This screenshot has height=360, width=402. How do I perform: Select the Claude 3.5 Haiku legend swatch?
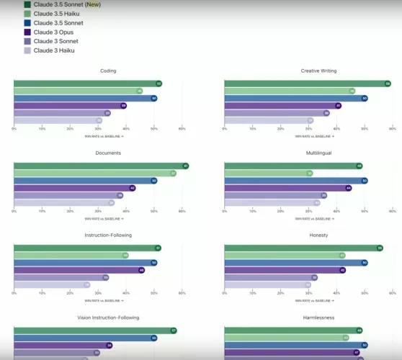27,14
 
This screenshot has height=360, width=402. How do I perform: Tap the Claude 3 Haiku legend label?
54,50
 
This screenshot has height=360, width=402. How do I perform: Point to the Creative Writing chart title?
318,71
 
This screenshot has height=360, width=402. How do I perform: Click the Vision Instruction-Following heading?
108,317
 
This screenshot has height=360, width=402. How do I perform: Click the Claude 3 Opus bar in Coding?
68,106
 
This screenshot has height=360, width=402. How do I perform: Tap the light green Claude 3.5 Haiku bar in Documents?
94,174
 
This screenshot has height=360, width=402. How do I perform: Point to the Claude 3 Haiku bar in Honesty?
267,285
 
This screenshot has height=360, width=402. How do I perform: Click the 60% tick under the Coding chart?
182,129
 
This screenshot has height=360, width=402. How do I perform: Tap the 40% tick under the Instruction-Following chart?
125,293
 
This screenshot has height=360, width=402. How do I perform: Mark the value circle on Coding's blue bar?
154,98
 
